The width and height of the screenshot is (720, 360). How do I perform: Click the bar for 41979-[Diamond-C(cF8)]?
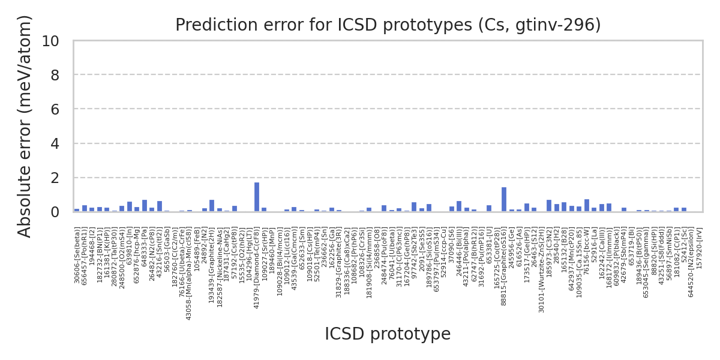(257, 197)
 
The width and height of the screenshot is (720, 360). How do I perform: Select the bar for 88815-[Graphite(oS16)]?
(504, 199)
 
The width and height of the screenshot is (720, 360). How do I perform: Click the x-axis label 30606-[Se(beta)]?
(77, 254)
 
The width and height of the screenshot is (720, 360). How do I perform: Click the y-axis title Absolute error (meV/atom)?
(25, 126)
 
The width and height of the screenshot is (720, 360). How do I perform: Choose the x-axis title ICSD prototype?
(388, 334)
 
